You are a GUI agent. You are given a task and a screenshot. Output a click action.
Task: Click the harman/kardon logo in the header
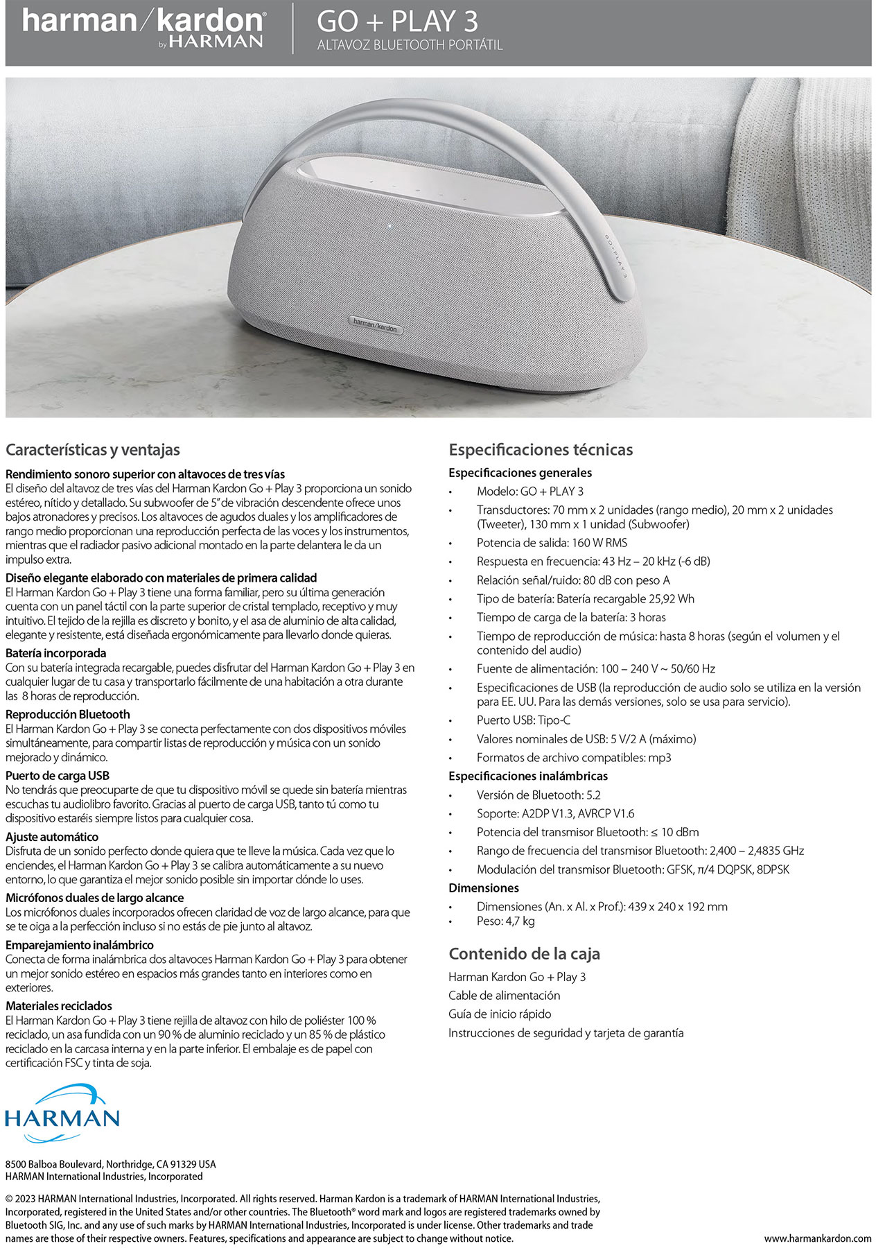click(143, 28)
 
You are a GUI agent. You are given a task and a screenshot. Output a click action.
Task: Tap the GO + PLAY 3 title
click(397, 21)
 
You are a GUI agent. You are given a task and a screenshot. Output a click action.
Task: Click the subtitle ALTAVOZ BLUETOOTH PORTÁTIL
click(410, 46)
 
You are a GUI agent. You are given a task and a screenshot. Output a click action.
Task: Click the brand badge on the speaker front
click(375, 324)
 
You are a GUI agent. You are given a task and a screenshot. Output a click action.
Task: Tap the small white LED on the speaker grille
click(389, 226)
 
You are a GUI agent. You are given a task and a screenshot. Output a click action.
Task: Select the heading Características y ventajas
click(93, 449)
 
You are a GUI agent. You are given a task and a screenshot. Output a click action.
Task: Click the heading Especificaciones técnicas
click(541, 449)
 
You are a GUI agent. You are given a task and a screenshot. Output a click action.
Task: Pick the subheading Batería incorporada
click(56, 652)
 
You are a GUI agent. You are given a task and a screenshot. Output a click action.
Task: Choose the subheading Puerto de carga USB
click(58, 775)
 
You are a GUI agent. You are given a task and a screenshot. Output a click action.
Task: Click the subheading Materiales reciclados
click(59, 1005)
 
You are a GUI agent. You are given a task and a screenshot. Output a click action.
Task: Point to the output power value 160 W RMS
click(599, 543)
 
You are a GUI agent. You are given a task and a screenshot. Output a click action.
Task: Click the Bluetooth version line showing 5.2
click(538, 795)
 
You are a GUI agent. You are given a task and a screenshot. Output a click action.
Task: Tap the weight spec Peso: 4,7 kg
click(505, 921)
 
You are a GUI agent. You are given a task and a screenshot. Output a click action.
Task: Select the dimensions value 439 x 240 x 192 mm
click(678, 906)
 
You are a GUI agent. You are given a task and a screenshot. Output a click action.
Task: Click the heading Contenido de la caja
click(524, 953)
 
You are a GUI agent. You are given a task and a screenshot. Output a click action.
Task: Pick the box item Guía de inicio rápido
click(500, 1014)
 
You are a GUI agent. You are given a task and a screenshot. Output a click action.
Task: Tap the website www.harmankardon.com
click(818, 1238)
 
